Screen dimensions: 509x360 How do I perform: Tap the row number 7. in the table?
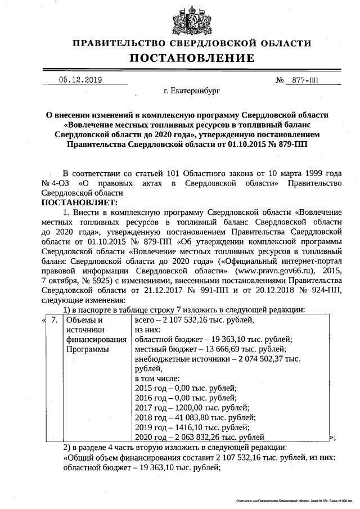[x=54, y=320]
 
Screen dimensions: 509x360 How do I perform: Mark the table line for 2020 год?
[x=200, y=437]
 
